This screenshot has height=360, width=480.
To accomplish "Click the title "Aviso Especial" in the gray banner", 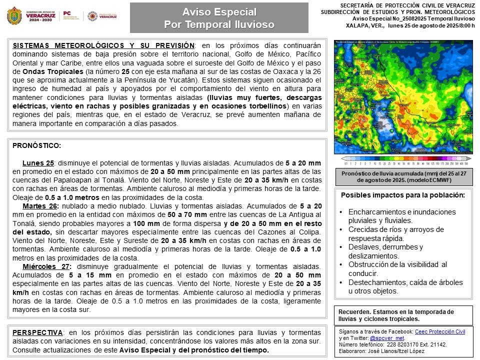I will (x=219, y=11).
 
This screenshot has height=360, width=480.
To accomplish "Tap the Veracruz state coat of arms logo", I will (x=14, y=16).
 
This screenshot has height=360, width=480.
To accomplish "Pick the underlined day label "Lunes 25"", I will (x=38, y=163).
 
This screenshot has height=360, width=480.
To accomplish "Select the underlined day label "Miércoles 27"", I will (x=46, y=266).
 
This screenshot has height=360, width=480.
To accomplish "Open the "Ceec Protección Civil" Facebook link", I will (x=440, y=331).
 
